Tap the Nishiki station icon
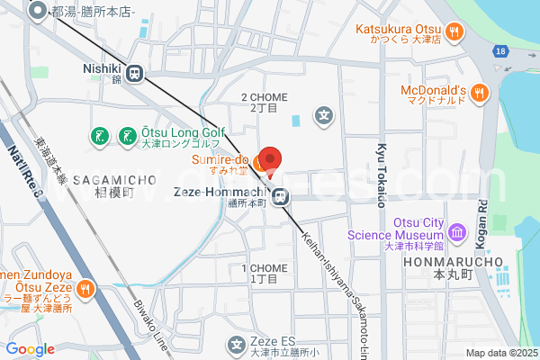136,74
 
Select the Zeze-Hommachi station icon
282,194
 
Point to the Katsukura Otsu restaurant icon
455,31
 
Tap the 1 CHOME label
264,274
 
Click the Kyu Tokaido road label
382,175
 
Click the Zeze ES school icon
238,343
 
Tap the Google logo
30,349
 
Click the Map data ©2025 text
499,352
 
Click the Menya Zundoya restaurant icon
85,289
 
